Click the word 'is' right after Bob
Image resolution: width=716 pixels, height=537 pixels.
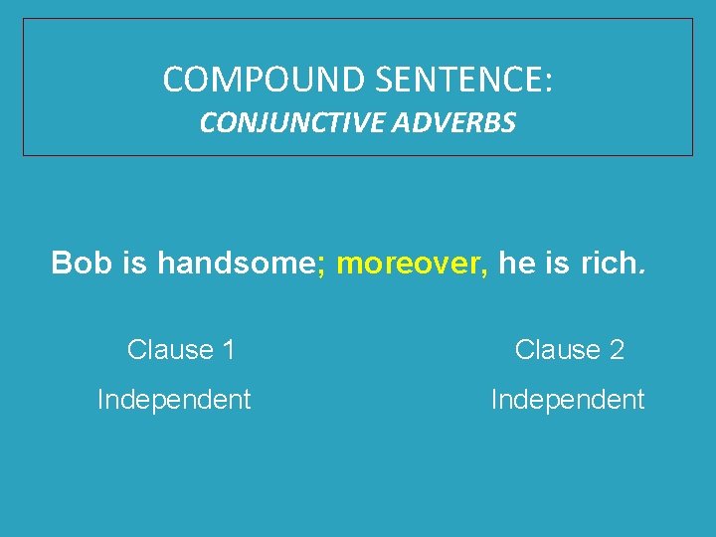tap(133, 264)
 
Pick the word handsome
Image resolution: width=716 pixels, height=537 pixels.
tap(235, 264)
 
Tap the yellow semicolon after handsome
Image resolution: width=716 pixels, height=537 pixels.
tap(321, 266)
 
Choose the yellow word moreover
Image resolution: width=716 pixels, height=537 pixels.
tap(407, 265)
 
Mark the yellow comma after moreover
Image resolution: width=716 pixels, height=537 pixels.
tap(485, 269)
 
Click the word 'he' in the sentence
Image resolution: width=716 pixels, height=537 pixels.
tap(515, 264)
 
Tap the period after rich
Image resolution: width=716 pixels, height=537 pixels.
tap(642, 270)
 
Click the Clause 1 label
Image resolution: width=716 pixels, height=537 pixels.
tap(181, 350)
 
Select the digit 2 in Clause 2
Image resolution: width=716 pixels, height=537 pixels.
tap(617, 350)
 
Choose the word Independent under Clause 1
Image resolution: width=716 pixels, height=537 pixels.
tap(174, 400)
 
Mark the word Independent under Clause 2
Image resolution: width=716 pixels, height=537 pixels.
tap(568, 400)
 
